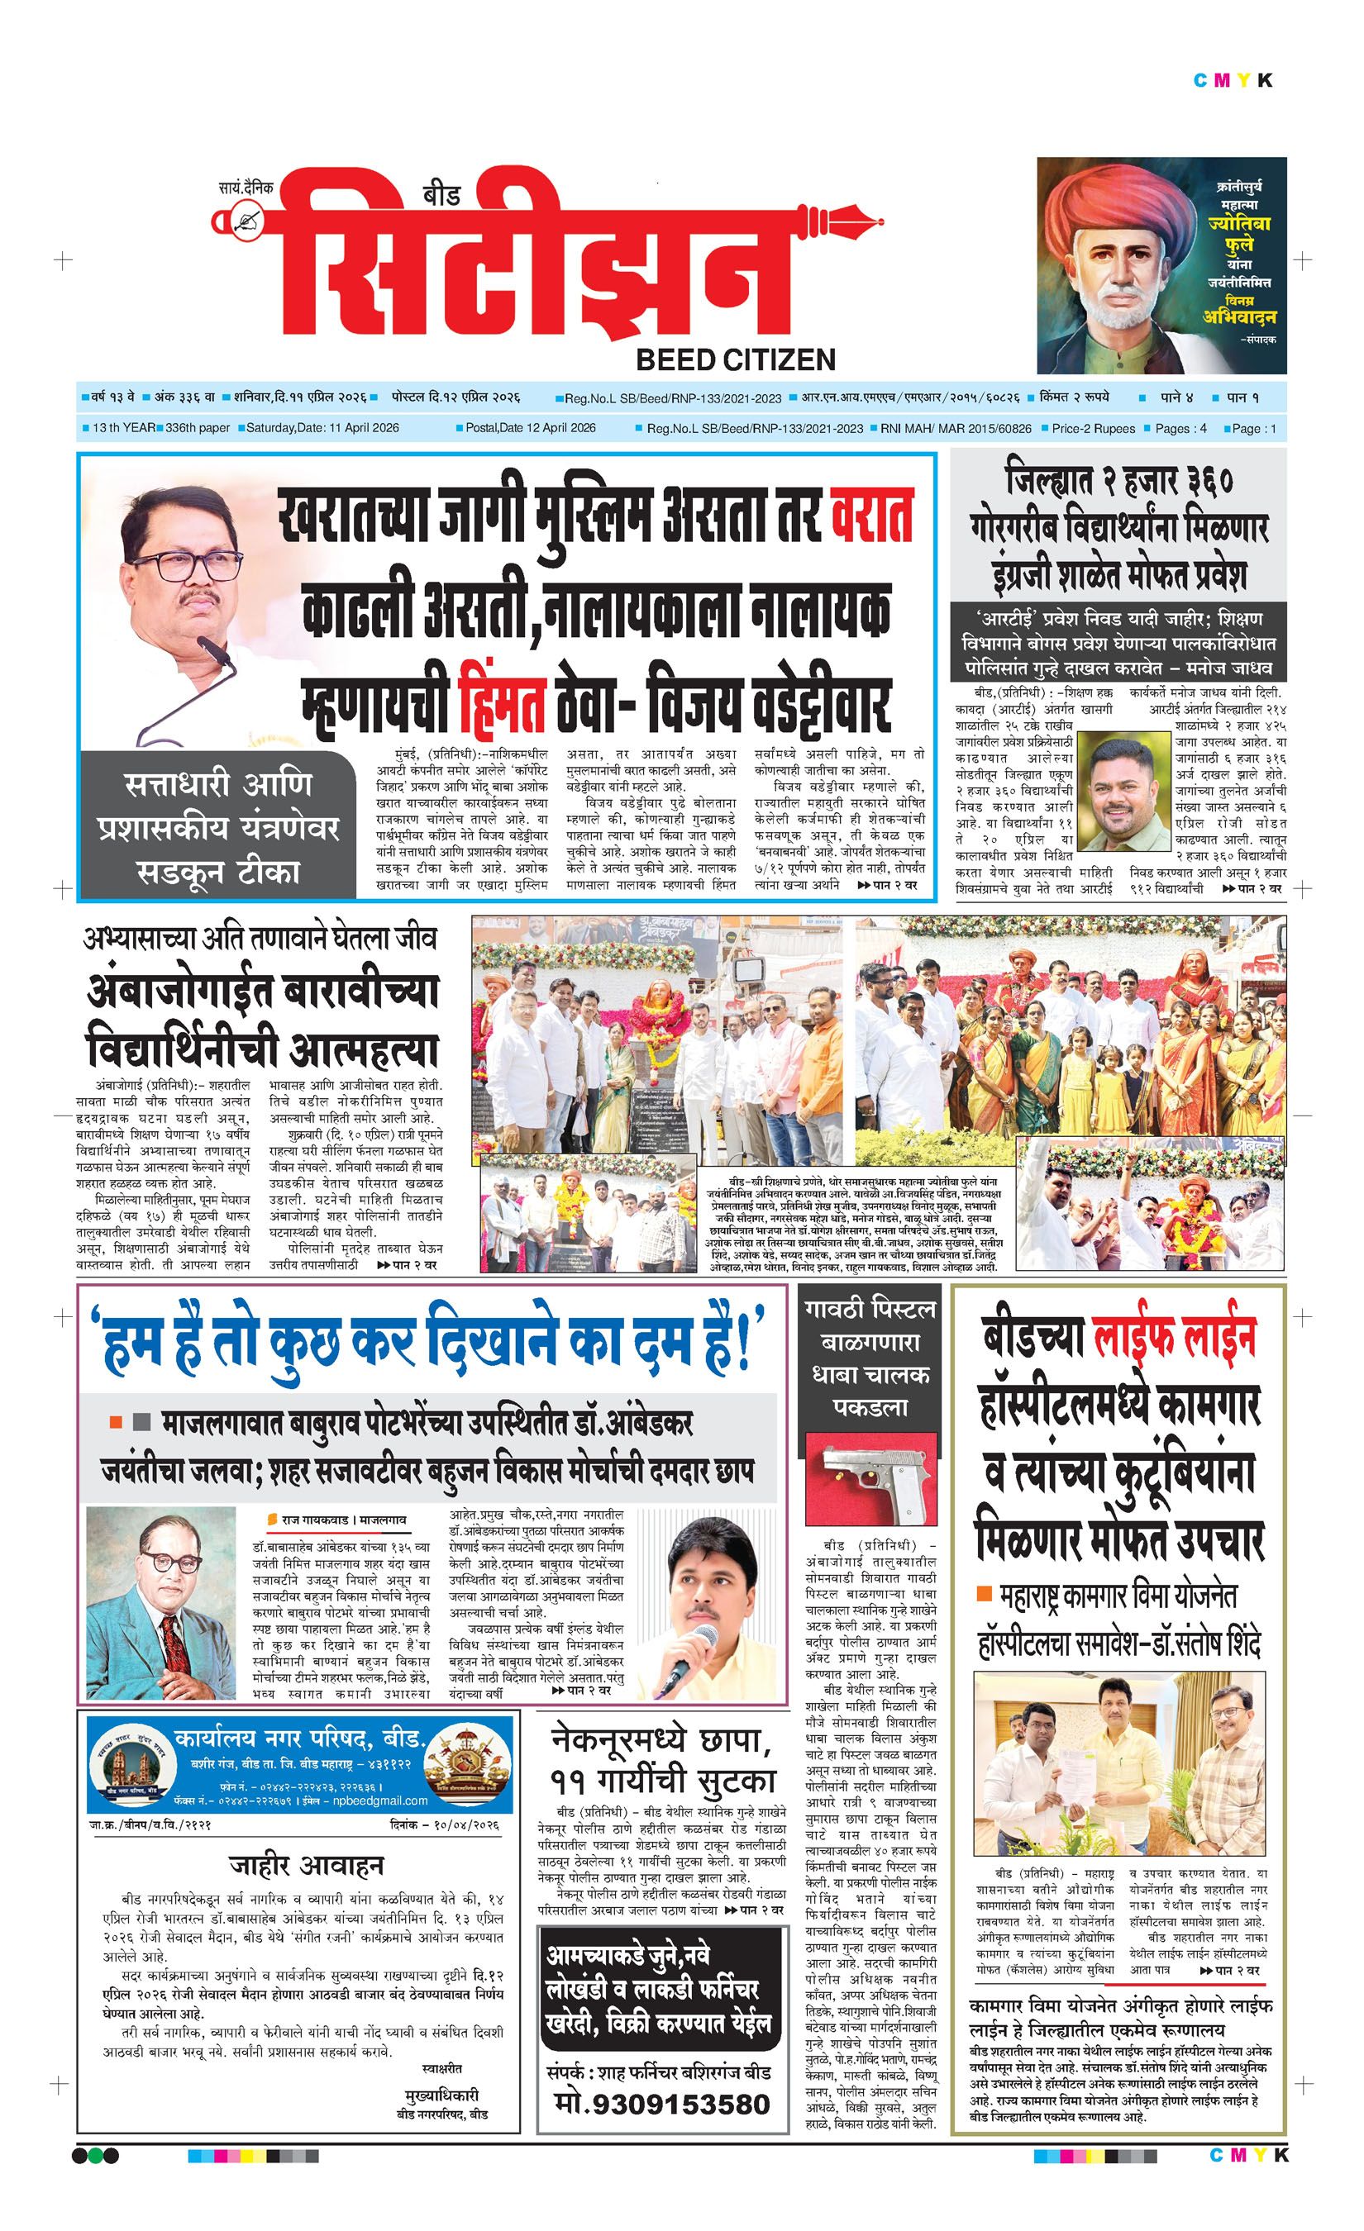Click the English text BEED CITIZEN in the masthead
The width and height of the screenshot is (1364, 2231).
coord(736,359)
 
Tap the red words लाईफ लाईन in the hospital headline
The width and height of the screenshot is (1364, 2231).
coord(1172,1334)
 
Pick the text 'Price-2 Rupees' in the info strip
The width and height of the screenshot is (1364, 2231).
coord(1093,428)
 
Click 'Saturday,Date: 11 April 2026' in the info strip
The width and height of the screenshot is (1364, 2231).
coord(322,428)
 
